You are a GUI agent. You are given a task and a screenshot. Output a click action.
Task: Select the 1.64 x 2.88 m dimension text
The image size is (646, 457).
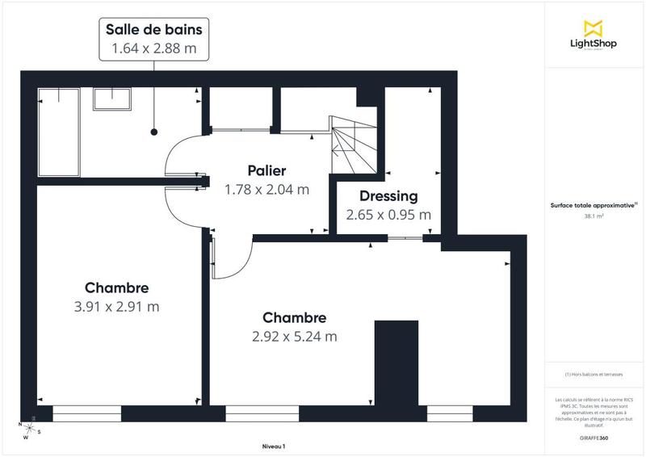153,48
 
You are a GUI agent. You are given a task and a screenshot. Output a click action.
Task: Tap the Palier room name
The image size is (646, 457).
266,171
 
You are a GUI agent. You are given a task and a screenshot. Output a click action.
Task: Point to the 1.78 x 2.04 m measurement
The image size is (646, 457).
266,191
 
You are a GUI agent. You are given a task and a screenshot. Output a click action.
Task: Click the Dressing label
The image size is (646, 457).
388,196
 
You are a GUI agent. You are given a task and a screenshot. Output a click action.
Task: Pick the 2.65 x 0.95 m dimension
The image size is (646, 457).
388,216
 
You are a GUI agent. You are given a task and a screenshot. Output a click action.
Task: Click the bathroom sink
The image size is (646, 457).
112,99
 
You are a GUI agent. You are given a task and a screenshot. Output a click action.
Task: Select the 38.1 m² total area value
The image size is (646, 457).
594,216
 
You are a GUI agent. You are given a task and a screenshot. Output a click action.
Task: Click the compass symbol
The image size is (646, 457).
29,429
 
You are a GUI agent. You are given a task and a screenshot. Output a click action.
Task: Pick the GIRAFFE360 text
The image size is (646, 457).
594,437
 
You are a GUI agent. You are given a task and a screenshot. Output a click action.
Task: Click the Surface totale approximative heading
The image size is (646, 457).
594,206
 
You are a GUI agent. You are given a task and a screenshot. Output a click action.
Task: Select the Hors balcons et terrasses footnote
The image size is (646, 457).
594,375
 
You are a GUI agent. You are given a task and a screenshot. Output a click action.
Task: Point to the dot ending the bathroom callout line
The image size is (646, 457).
153,131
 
